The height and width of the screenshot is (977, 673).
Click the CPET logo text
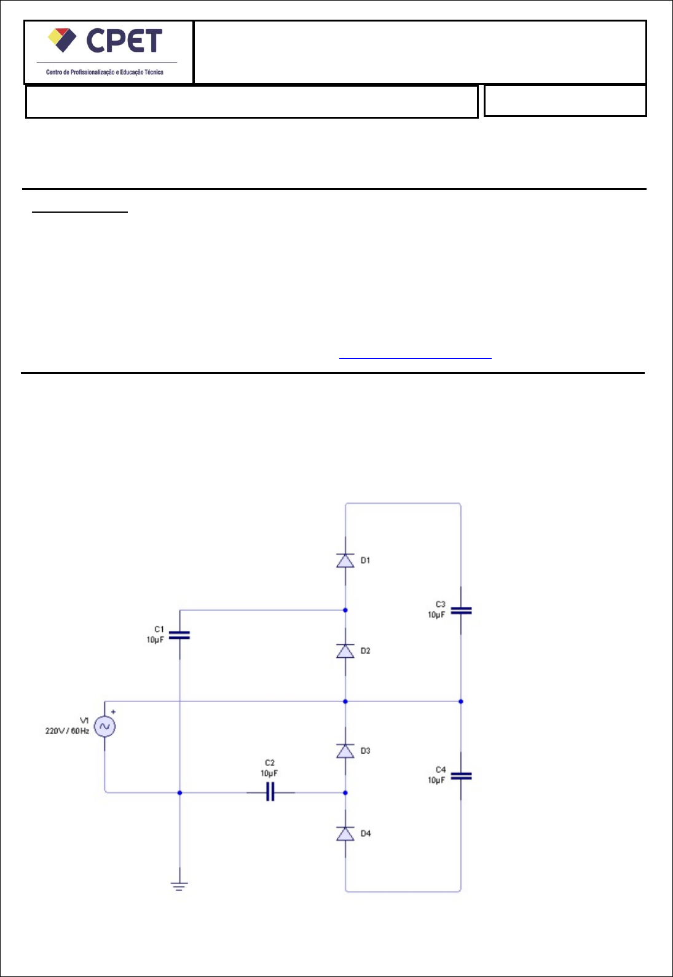pyautogui.click(x=124, y=41)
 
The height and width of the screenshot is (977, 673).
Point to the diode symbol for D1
pyautogui.click(x=345, y=560)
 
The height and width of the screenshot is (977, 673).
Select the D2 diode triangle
pyautogui.click(x=345, y=651)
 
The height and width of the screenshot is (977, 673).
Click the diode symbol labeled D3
pyautogui.click(x=345, y=751)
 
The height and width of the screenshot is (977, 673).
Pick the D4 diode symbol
pyautogui.click(x=345, y=833)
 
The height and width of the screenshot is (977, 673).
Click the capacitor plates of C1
pyautogui.click(x=179, y=635)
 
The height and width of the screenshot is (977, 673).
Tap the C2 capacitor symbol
pyautogui.click(x=270, y=793)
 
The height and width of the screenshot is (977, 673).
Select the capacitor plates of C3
pyautogui.click(x=461, y=611)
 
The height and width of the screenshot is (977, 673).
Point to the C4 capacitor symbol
pyautogui.click(x=461, y=776)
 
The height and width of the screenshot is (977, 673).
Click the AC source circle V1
pyautogui.click(x=104, y=726)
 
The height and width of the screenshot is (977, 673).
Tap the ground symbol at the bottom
pyautogui.click(x=179, y=886)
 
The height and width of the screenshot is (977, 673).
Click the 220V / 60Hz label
pyautogui.click(x=67, y=731)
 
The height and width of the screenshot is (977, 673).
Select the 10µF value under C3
pyautogui.click(x=436, y=615)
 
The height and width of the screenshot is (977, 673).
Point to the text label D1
pyautogui.click(x=366, y=560)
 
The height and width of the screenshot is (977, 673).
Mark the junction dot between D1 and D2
pyautogui.click(x=345, y=610)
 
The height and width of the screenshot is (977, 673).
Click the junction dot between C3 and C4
pyautogui.click(x=461, y=701)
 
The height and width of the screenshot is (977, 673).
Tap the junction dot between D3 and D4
pyautogui.click(x=345, y=793)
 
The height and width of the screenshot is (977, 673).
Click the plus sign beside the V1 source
pyautogui.click(x=114, y=712)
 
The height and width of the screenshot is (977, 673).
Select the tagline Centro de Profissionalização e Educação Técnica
pyautogui.click(x=104, y=73)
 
